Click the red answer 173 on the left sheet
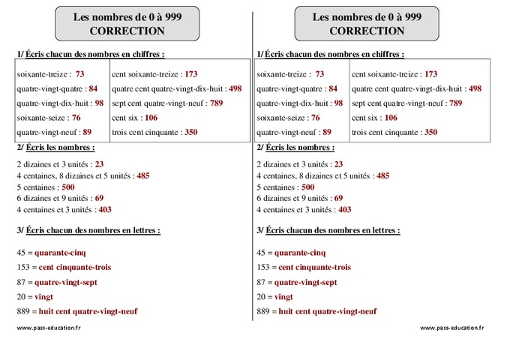click(x=190, y=74)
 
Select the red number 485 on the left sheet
click(x=143, y=175)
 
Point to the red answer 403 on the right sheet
click(x=345, y=210)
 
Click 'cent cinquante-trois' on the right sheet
click(x=314, y=267)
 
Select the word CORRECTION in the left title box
click(x=127, y=31)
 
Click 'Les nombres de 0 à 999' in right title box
click(x=367, y=17)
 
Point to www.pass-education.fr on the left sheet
click(x=49, y=328)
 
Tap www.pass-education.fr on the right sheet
click(x=452, y=328)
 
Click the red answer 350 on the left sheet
click(x=190, y=132)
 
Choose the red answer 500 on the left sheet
click(x=68, y=187)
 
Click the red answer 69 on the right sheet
click(x=339, y=198)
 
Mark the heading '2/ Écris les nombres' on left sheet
click(x=55, y=148)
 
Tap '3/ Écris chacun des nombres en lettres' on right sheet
click(x=328, y=230)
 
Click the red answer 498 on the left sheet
click(x=235, y=88)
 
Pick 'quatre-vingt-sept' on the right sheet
click(x=305, y=282)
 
